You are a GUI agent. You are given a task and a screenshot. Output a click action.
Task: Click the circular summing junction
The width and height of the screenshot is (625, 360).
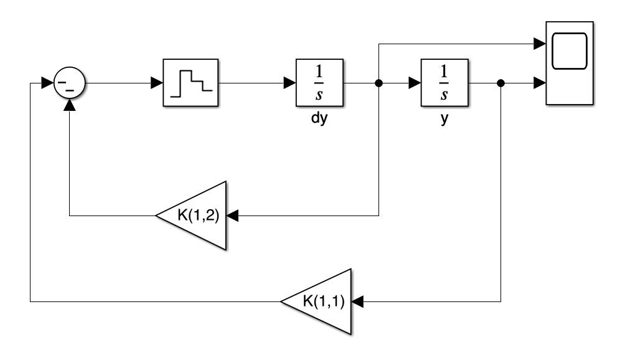click(x=69, y=83)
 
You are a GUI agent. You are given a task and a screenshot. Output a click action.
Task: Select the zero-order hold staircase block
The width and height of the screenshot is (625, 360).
click(x=190, y=83)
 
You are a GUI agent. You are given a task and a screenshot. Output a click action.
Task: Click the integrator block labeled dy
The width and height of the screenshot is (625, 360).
click(x=319, y=83)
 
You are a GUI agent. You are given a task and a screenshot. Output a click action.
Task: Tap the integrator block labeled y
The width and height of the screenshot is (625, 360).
click(x=444, y=83)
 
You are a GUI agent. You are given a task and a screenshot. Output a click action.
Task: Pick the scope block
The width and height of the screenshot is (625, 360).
click(x=570, y=63)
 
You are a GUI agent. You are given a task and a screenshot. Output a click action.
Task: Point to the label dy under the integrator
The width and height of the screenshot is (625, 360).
click(x=319, y=118)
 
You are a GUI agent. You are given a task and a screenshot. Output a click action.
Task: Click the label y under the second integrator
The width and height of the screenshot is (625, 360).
click(x=444, y=119)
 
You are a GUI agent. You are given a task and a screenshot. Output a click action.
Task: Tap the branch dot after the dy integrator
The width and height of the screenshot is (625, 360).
click(x=378, y=83)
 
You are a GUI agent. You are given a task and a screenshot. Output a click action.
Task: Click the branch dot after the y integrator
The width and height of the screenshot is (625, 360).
click(x=501, y=83)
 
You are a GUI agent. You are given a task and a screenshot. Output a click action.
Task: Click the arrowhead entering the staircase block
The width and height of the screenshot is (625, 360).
click(x=157, y=83)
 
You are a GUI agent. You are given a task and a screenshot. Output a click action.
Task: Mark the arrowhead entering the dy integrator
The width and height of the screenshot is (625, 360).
click(x=290, y=83)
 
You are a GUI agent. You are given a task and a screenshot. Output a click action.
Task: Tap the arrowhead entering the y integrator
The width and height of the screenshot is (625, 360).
click(x=415, y=83)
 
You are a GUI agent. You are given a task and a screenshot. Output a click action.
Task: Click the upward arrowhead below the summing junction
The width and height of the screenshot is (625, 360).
click(x=69, y=105)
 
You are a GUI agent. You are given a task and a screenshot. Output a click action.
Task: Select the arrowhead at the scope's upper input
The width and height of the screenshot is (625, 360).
click(x=540, y=44)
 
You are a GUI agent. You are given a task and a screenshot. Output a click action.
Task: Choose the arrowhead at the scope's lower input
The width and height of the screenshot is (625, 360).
click(x=540, y=83)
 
